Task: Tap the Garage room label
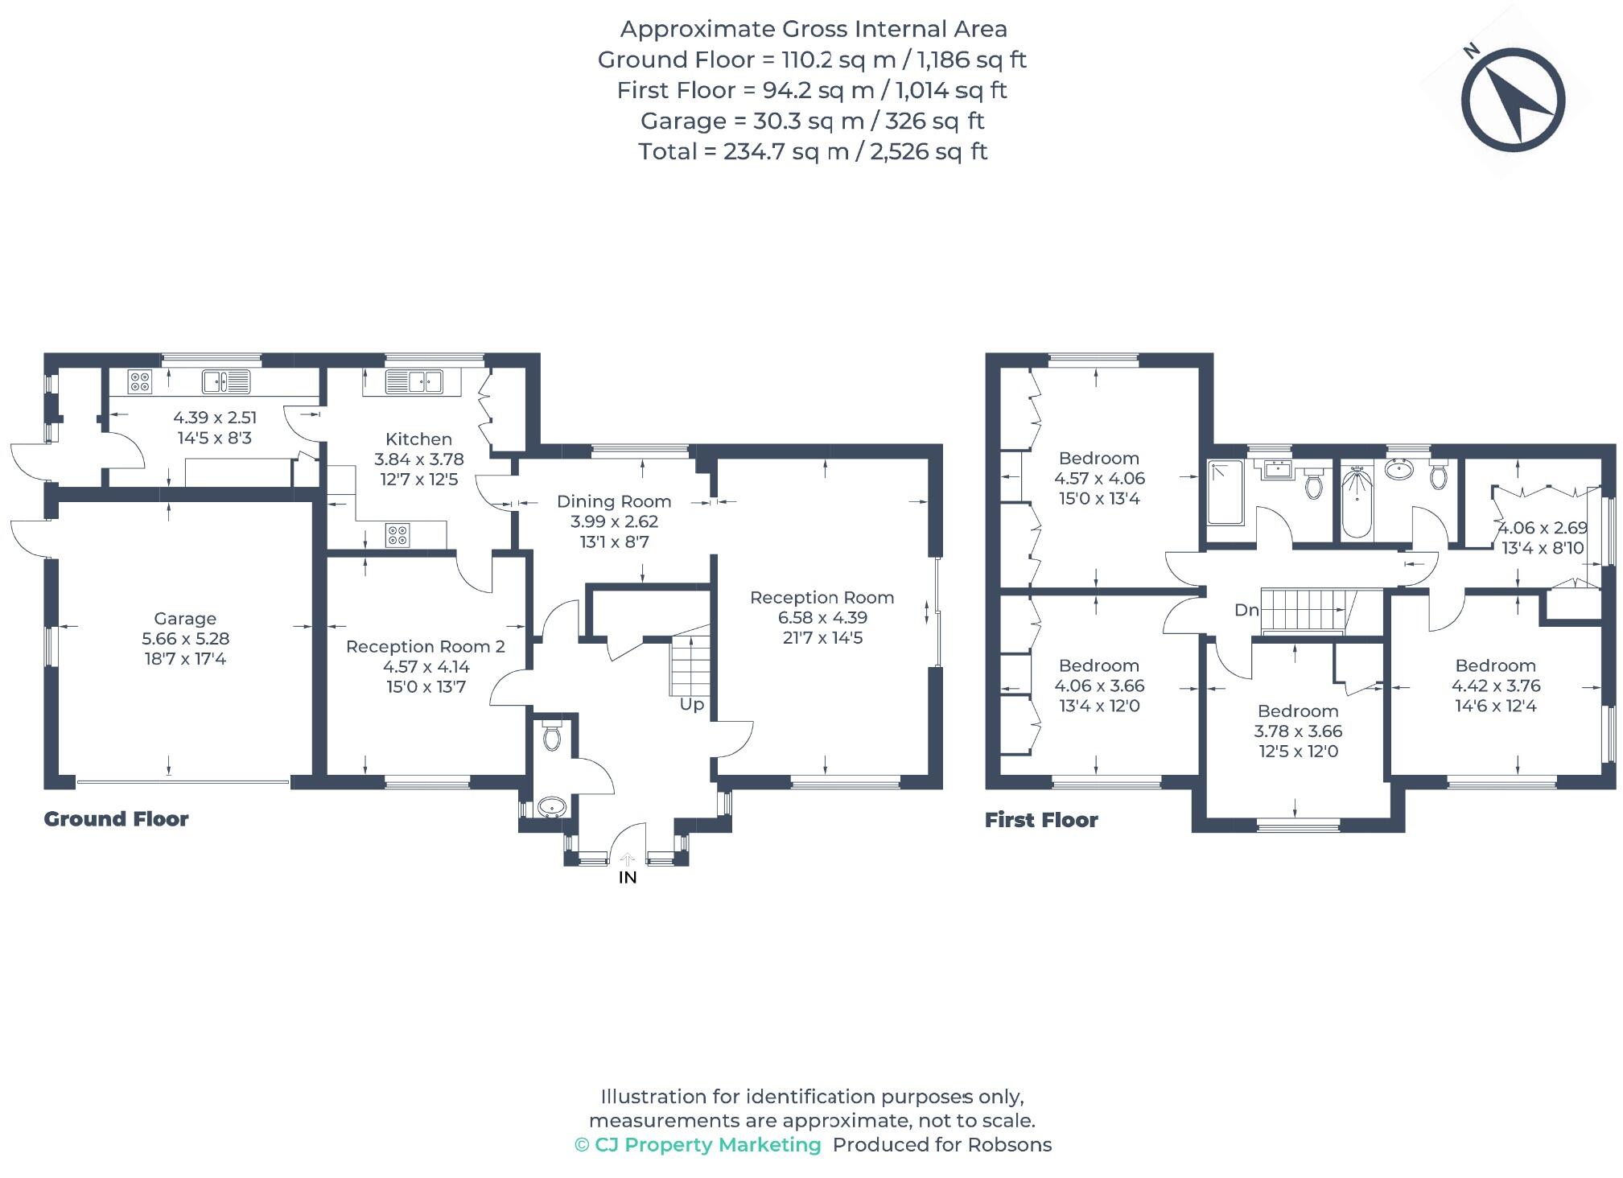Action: click(185, 618)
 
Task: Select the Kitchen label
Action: click(418, 439)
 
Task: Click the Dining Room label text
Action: click(613, 501)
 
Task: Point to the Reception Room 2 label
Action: click(425, 646)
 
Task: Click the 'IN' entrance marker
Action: click(627, 877)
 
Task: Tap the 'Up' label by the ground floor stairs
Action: click(691, 704)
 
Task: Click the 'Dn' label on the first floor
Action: click(1246, 610)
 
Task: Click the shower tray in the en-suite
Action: click(1225, 492)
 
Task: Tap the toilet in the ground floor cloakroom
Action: click(551, 736)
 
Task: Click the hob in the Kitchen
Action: click(397, 534)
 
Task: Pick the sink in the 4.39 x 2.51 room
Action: click(226, 381)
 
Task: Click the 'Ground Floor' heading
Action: click(116, 819)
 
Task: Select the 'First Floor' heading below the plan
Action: click(1041, 820)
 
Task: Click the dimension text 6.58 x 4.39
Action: click(822, 617)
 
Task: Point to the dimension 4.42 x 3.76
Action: click(1495, 686)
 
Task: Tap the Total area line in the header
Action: click(812, 151)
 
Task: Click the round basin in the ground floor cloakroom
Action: click(551, 806)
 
